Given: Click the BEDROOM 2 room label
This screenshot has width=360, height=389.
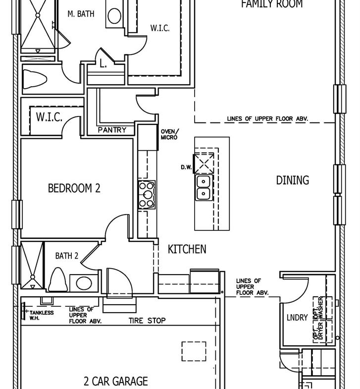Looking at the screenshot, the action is [74, 188].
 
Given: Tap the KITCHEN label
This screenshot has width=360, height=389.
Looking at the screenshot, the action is [187, 249].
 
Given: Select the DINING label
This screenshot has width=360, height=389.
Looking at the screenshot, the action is [293, 180].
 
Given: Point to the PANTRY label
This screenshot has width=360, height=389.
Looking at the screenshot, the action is [112, 130].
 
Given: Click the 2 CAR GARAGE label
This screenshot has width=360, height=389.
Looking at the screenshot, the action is [116, 381].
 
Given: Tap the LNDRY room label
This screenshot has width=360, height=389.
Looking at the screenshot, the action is [297, 317].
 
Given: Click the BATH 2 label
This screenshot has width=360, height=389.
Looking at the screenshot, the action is [67, 256].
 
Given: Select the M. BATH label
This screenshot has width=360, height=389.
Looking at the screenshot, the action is [81, 14].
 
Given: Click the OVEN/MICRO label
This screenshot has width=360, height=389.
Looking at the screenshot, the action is [169, 134].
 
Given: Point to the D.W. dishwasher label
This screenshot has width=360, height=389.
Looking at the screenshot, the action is [186, 167].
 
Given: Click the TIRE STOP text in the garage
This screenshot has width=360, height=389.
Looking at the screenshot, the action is [147, 321].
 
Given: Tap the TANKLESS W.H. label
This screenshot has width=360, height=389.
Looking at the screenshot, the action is [42, 315].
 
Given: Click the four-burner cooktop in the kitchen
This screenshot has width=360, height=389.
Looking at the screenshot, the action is [147, 195].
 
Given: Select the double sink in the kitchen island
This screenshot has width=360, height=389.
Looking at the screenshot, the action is [204, 187].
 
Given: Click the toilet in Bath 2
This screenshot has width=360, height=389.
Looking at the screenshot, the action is [58, 279].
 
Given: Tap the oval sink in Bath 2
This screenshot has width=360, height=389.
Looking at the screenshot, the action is [84, 283].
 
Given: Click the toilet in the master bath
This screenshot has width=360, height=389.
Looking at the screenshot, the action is [35, 79].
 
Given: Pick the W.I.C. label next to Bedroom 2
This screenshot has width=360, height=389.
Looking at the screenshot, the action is [49, 117].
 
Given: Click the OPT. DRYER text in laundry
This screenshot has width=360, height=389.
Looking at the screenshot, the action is [318, 331].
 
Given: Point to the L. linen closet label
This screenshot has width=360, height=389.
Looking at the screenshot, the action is [103, 64].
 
